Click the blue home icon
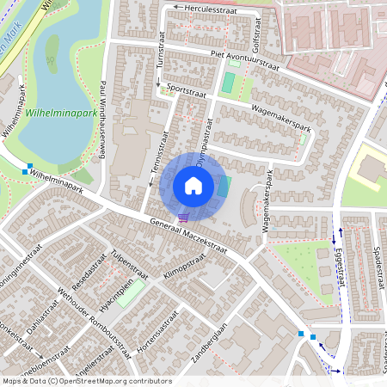[193, 186]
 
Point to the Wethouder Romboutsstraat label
[95, 318]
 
